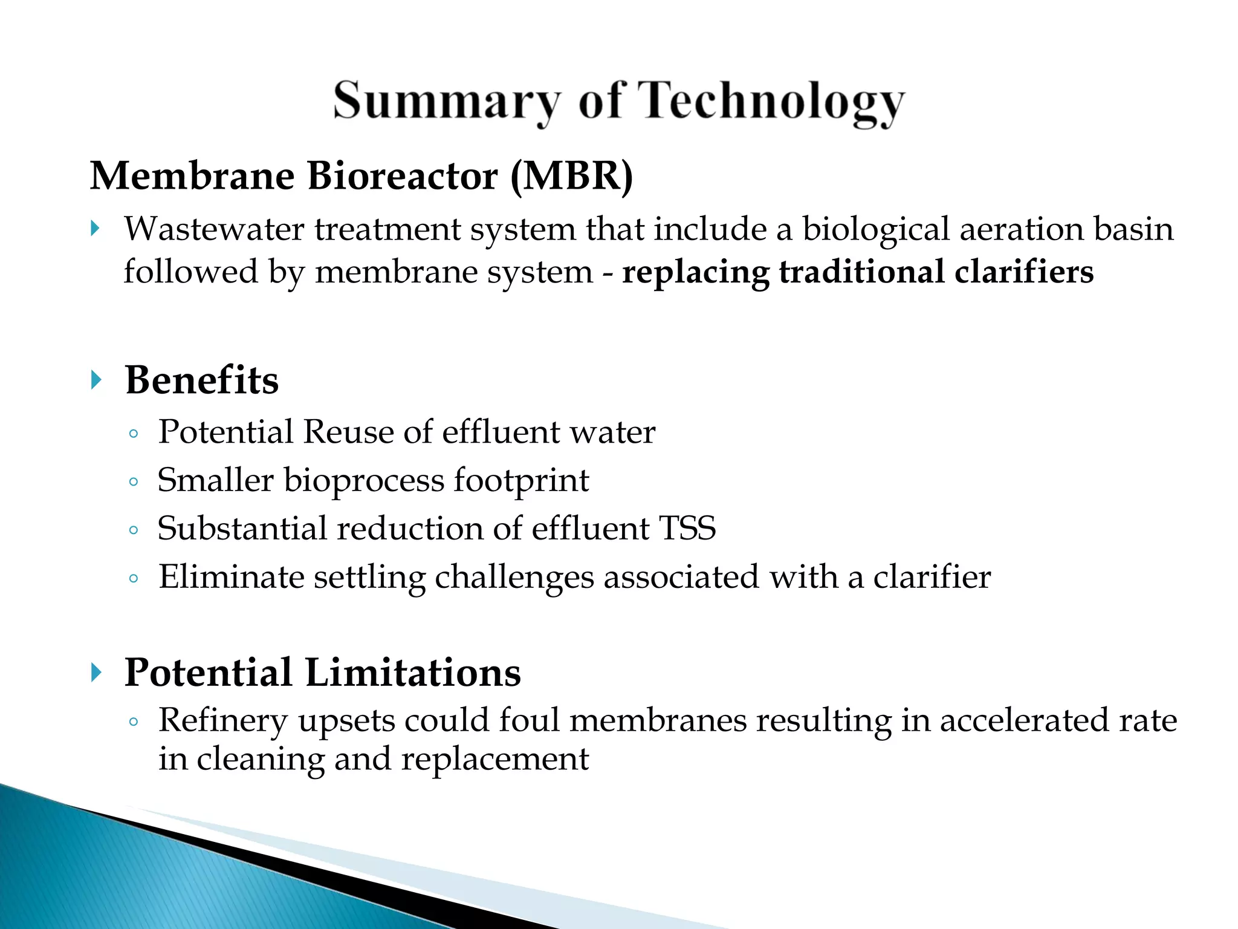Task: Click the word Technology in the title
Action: coord(771,102)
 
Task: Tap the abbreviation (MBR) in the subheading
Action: coord(571,176)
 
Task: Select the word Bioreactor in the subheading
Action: coord(402,176)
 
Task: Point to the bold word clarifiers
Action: coord(1024,272)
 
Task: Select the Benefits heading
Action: coord(202,380)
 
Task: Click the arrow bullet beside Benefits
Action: coord(96,380)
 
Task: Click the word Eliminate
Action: coord(231,576)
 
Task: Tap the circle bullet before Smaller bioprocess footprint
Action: coord(134,482)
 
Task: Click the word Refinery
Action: coord(222,721)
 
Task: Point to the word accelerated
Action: coord(1024,721)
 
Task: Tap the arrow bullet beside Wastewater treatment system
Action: coord(95,229)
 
